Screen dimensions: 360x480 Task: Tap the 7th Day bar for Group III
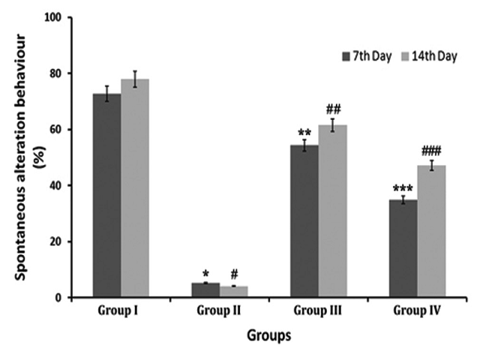pyautogui.click(x=304, y=220)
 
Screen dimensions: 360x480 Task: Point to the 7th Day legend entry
pyautogui.click(x=367, y=56)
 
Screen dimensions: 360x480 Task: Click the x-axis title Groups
pyautogui.click(x=268, y=334)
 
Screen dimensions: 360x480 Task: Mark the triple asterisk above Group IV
pyautogui.click(x=403, y=189)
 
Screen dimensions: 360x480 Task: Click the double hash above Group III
pyautogui.click(x=333, y=109)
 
